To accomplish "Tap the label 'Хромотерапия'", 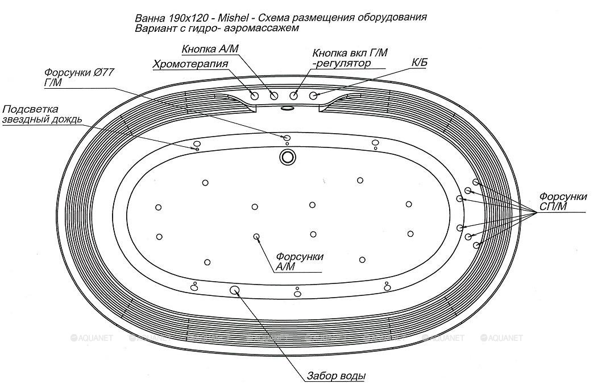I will (190, 64).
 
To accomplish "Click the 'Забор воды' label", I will (335, 376).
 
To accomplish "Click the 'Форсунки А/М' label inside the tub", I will (299, 261).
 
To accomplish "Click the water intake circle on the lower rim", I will (235, 290).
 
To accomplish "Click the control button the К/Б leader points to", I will (313, 95).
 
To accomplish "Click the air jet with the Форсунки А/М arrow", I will (256, 236).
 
